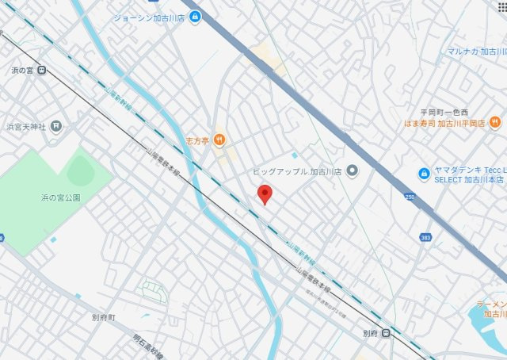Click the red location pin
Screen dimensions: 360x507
pos(265,193)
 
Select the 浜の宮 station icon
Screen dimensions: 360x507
pos(41,70)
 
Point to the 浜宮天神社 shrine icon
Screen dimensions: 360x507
pos(56,125)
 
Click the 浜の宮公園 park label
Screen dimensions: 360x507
pos(56,197)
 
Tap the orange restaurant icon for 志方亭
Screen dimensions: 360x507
pos(219,140)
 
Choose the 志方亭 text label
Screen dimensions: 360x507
pos(196,140)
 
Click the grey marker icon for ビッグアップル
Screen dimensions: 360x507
pos(353,170)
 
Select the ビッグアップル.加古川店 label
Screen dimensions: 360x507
pos(297,170)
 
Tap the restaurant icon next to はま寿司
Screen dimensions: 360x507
pos(496,122)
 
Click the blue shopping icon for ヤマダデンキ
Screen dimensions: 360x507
pos(425,174)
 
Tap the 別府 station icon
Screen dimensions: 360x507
pos(386,333)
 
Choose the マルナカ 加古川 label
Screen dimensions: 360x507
pos(476,52)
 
